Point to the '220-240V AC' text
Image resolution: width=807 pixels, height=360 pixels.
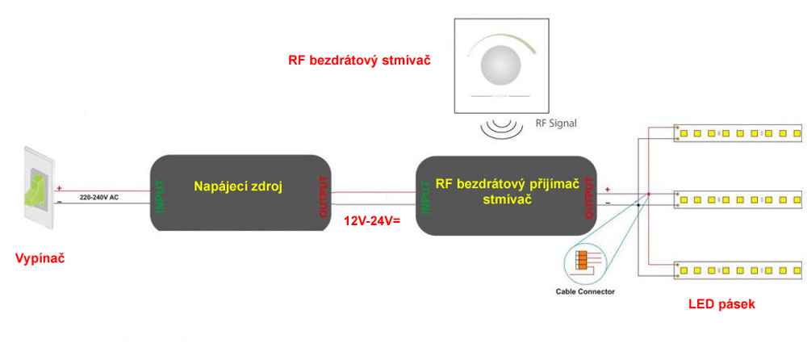(98, 196)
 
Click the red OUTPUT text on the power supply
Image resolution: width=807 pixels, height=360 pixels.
(324, 197)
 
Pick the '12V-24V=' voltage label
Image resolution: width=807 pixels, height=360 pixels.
(372, 220)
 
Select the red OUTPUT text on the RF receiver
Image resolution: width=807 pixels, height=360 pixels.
(587, 197)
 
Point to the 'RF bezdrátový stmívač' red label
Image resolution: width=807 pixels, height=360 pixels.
(358, 60)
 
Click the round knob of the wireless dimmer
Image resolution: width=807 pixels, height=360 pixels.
(501, 64)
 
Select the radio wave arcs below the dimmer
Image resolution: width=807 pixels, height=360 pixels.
(501, 127)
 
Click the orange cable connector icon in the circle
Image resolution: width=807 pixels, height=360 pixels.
(581, 260)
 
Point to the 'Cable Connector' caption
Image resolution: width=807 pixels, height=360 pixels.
(585, 291)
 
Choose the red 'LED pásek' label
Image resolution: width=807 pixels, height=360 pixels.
(721, 304)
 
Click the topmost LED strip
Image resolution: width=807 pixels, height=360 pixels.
(738, 132)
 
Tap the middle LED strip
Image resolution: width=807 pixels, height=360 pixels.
(738, 198)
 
